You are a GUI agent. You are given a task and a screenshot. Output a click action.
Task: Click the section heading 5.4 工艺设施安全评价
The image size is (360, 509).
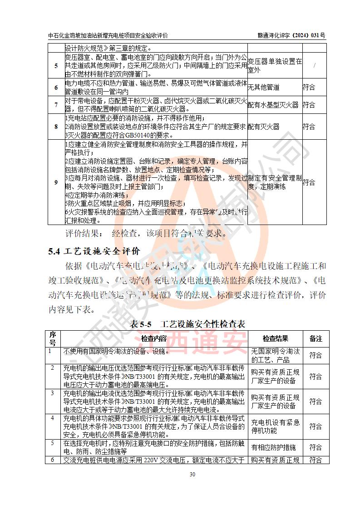coord(94,251)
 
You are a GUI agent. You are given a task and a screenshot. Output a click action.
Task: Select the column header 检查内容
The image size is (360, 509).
coord(154,338)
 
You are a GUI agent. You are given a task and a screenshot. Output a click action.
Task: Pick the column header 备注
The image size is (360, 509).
coord(316,338)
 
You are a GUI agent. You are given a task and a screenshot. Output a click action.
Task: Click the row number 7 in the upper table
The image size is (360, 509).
coord(56,105)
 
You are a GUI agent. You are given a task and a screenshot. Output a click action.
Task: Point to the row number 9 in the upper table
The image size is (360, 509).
coord(56,182)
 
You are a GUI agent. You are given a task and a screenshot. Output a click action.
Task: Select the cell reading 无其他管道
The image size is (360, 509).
coord(264,87)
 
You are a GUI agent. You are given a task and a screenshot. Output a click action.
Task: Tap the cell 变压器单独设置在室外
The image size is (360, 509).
coord(274,65)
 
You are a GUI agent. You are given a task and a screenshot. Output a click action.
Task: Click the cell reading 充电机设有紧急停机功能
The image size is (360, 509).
coord(275,426)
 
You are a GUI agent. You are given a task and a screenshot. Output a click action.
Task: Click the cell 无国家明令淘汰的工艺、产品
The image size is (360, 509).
coord(275,355)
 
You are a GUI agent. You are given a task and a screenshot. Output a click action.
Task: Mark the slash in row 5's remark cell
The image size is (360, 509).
coord(315,65)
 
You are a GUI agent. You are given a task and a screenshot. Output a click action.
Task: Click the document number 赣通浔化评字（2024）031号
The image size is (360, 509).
coord(291,35)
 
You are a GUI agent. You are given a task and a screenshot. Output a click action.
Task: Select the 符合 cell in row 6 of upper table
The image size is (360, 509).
coord(309,87)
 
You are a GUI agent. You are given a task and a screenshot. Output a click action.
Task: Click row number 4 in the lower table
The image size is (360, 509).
coord(53,418)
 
